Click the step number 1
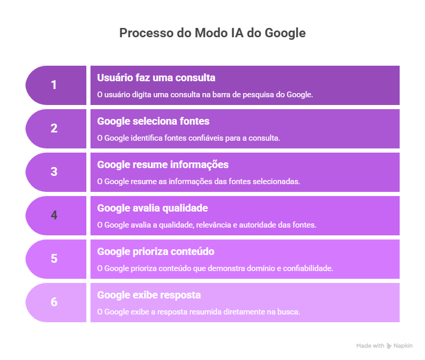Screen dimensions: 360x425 [x=54, y=85]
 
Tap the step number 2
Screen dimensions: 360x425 [x=54, y=128]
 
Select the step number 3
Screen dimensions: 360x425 [x=54, y=172]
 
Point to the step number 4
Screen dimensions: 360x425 [x=54, y=215]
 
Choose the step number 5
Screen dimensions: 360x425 [x=54, y=259]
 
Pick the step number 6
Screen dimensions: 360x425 [x=54, y=302]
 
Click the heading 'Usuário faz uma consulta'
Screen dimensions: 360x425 [x=156, y=78]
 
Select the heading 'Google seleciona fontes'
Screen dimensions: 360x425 [x=153, y=122]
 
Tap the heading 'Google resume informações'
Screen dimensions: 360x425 [x=163, y=165]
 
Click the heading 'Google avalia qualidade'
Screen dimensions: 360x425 [x=153, y=208]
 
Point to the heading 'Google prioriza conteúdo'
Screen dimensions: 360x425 [x=156, y=252]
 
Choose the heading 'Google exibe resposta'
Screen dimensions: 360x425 [x=149, y=295]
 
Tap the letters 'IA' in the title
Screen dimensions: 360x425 [x=234, y=33]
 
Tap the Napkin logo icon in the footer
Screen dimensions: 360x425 [x=389, y=346]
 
